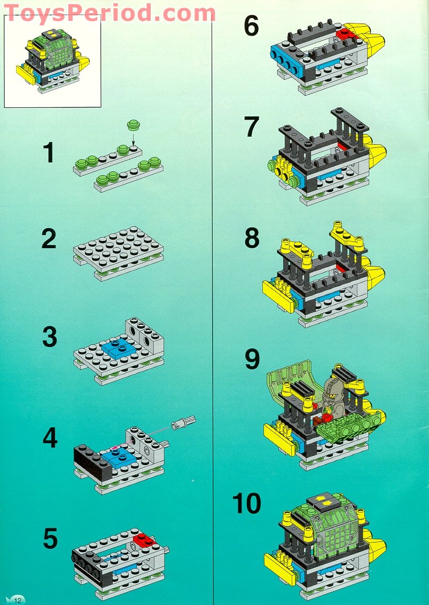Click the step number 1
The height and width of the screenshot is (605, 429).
coord(49,152)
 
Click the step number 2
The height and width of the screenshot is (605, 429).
coord(49,239)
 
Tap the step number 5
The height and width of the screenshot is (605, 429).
coord(50,538)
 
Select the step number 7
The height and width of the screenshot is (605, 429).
coord(252,127)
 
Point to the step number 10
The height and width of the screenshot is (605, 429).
coord(246,504)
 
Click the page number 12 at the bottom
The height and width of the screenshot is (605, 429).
coord(17,600)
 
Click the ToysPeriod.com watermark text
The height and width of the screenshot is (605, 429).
coord(110,11)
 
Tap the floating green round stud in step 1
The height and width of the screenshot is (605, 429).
coord(133,127)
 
